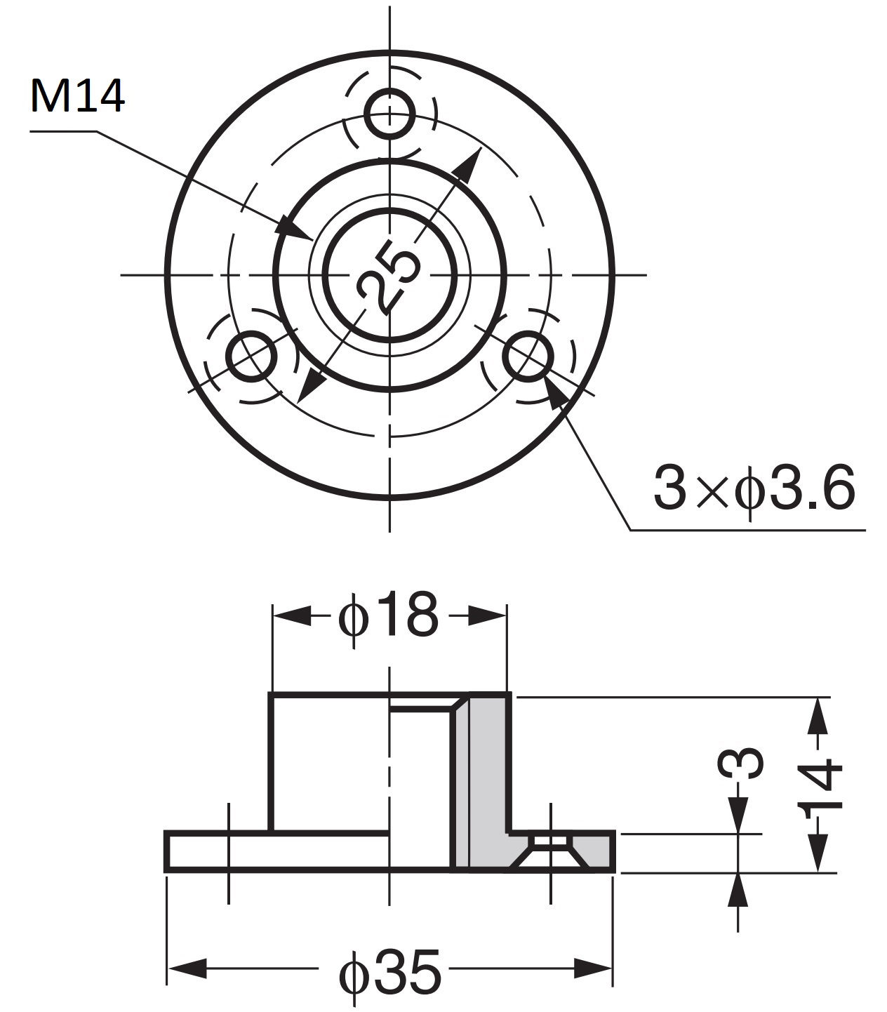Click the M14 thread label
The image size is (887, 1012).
click(x=77, y=96)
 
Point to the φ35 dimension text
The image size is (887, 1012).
click(x=390, y=973)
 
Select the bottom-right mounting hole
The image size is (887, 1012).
click(x=527, y=357)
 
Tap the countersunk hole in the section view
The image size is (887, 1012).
click(x=550, y=849)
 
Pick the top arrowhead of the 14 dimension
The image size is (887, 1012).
click(x=817, y=716)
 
